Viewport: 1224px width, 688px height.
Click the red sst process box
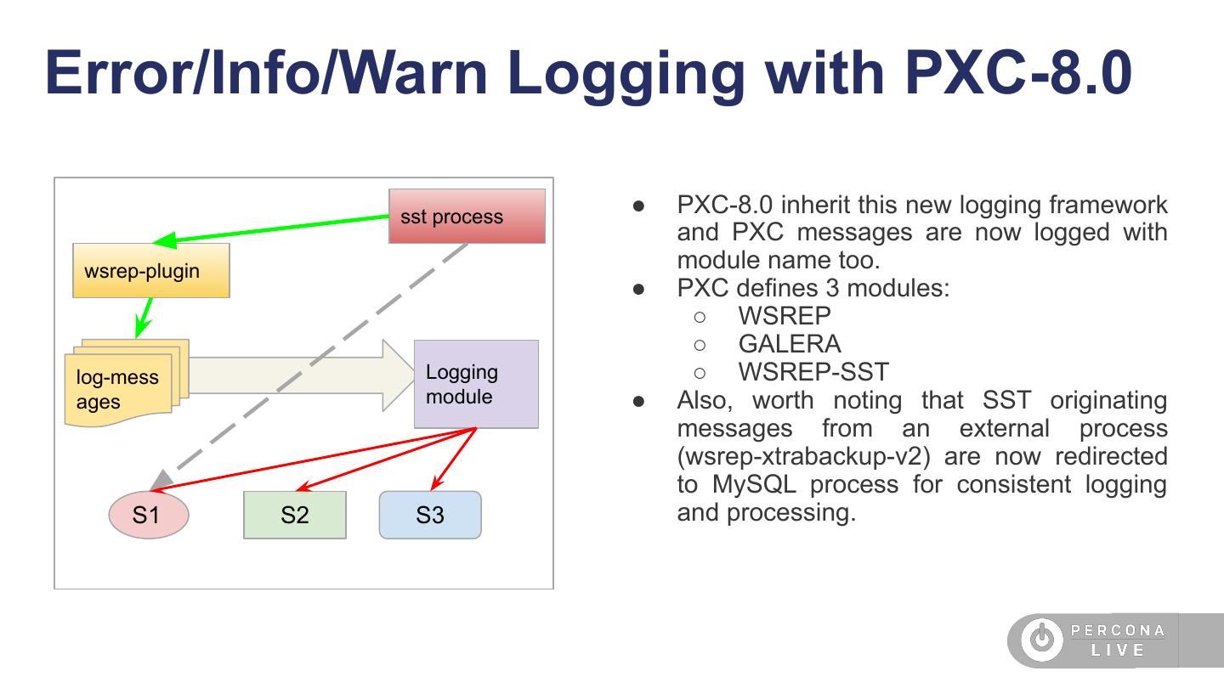pyautogui.click(x=467, y=217)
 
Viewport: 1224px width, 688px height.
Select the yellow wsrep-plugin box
pyautogui.click(x=151, y=271)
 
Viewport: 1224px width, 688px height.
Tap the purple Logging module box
pyautogui.click(x=476, y=384)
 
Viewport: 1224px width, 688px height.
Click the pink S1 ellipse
pyautogui.click(x=148, y=515)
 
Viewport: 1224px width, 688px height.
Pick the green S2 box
pyautogui.click(x=295, y=515)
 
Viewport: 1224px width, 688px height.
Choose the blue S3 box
pyautogui.click(x=430, y=515)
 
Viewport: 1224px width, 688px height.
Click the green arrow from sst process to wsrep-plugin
pyautogui.click(x=272, y=228)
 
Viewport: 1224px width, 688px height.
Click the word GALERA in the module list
pyautogui.click(x=790, y=344)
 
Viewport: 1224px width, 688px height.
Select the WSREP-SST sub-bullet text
pyautogui.click(x=813, y=372)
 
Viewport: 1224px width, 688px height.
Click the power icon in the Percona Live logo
pyautogui.click(x=1041, y=640)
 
